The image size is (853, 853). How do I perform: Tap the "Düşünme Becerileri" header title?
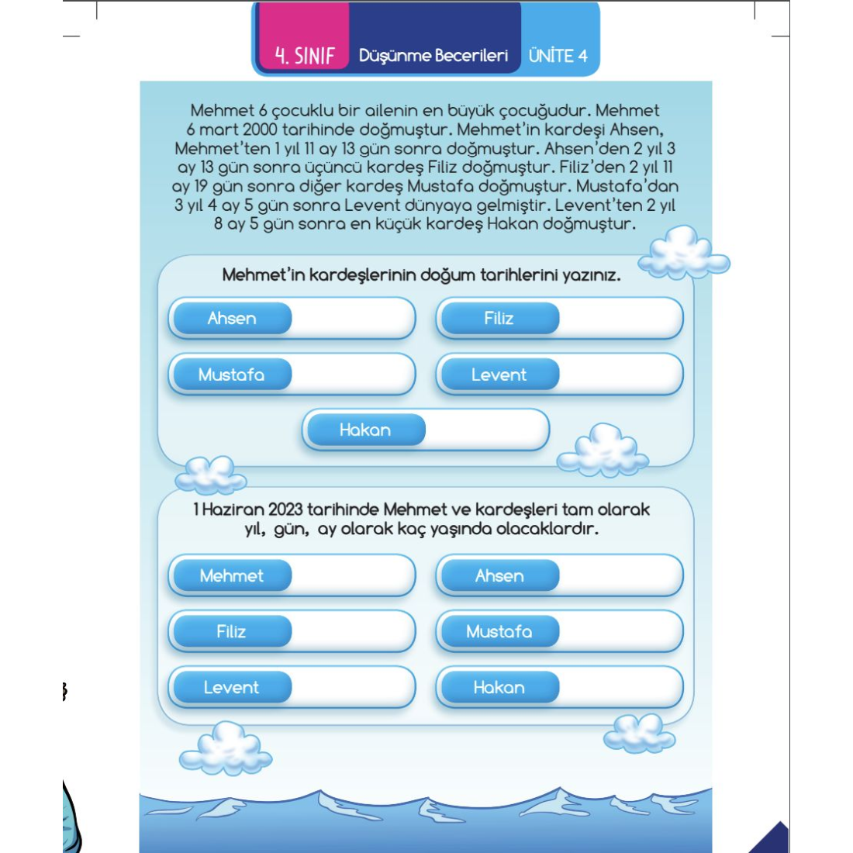(x=433, y=55)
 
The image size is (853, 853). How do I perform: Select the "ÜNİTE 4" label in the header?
(x=558, y=55)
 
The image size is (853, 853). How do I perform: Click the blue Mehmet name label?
(x=231, y=575)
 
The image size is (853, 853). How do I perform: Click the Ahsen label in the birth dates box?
(x=231, y=318)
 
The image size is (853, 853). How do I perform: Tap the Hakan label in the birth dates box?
(x=364, y=430)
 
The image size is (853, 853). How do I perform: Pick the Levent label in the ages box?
(x=231, y=687)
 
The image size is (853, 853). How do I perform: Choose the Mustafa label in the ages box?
(x=499, y=631)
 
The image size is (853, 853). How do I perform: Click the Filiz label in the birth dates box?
(x=499, y=318)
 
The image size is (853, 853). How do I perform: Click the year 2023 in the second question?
(x=285, y=509)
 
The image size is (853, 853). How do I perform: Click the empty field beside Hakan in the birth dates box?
(x=485, y=430)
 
